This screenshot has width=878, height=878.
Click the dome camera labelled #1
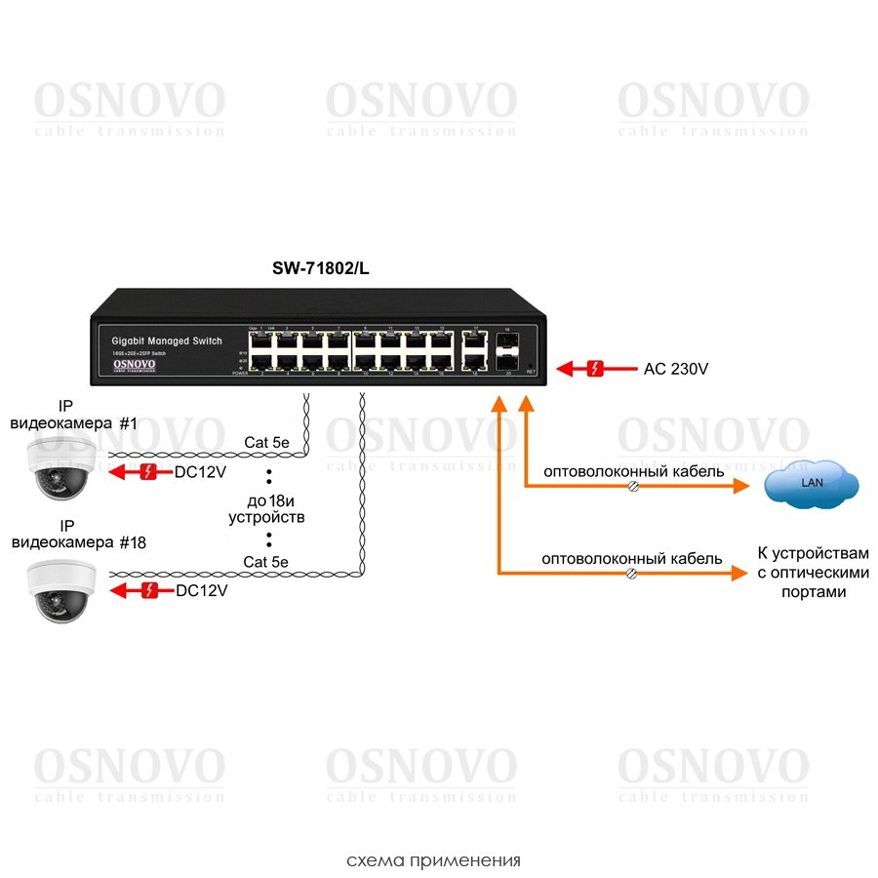pyautogui.click(x=59, y=467)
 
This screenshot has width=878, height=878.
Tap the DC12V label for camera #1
pyautogui.click(x=201, y=473)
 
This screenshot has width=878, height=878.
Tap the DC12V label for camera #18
pyautogui.click(x=201, y=590)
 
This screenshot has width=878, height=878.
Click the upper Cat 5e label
pyautogui.click(x=266, y=443)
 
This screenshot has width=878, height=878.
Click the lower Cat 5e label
pyautogui.click(x=265, y=561)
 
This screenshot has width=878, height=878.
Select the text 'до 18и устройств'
pyautogui.click(x=266, y=508)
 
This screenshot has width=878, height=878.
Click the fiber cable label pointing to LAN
pyautogui.click(x=633, y=471)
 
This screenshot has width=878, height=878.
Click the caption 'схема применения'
pyautogui.click(x=433, y=860)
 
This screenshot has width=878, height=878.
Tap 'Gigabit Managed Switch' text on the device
pyautogui.click(x=167, y=340)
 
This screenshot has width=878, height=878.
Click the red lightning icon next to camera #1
pyautogui.click(x=147, y=473)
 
